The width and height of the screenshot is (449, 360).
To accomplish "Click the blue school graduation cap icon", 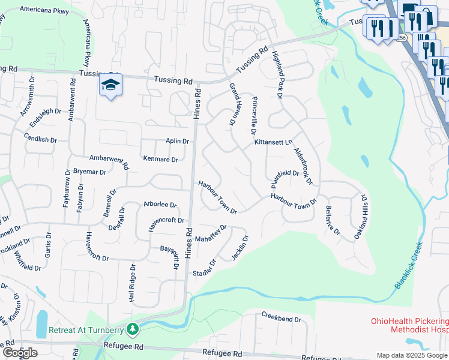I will [x=110, y=86].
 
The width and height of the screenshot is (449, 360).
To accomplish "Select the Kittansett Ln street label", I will [x=273, y=142].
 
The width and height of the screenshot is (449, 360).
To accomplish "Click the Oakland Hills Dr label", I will [x=362, y=217].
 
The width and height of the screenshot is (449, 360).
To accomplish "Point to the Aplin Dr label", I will [x=178, y=141].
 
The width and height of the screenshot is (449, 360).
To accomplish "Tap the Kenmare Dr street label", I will [x=160, y=160].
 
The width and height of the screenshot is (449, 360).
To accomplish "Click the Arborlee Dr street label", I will [x=160, y=205].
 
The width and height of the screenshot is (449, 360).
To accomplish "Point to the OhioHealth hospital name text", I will [x=409, y=325].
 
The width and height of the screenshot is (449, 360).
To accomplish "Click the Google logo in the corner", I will [x=20, y=353].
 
